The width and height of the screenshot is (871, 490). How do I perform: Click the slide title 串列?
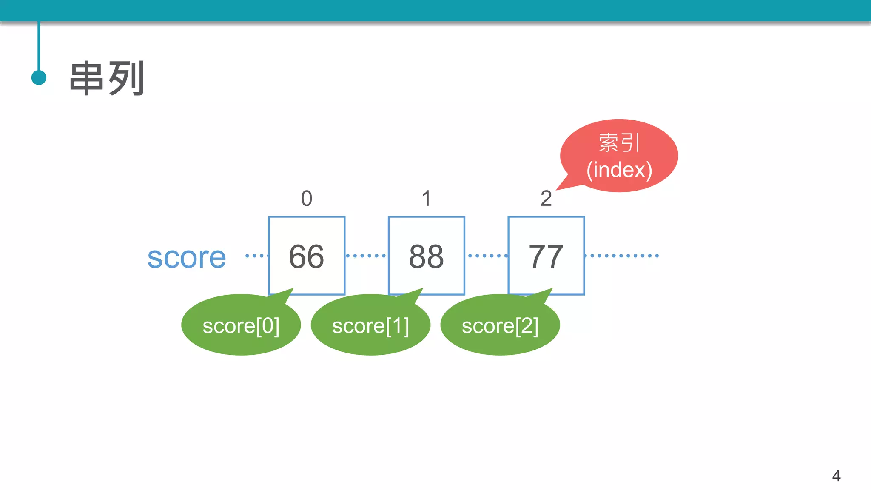click(107, 78)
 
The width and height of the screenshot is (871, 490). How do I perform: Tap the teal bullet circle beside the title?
click(39, 78)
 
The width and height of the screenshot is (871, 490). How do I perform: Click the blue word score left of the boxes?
click(187, 257)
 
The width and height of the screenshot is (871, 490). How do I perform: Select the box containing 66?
click(307, 256)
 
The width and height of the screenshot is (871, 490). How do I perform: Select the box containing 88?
click(426, 256)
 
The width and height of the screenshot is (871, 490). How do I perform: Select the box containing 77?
click(546, 256)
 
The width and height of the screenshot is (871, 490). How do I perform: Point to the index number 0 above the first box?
click(307, 199)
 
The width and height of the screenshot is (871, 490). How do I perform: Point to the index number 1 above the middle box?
click(426, 199)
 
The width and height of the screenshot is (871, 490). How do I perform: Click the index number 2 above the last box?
click(546, 199)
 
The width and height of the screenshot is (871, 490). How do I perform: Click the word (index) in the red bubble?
click(619, 170)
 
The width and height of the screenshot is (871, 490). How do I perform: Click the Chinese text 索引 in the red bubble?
click(619, 142)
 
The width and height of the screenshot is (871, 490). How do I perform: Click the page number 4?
click(836, 476)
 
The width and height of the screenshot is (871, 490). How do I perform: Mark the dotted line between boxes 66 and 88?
click(366, 256)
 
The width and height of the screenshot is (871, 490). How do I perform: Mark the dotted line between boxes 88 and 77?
click(487, 256)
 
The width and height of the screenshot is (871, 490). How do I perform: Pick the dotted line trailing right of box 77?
click(622, 256)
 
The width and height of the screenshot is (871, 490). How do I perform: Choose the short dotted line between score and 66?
click(256, 256)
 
